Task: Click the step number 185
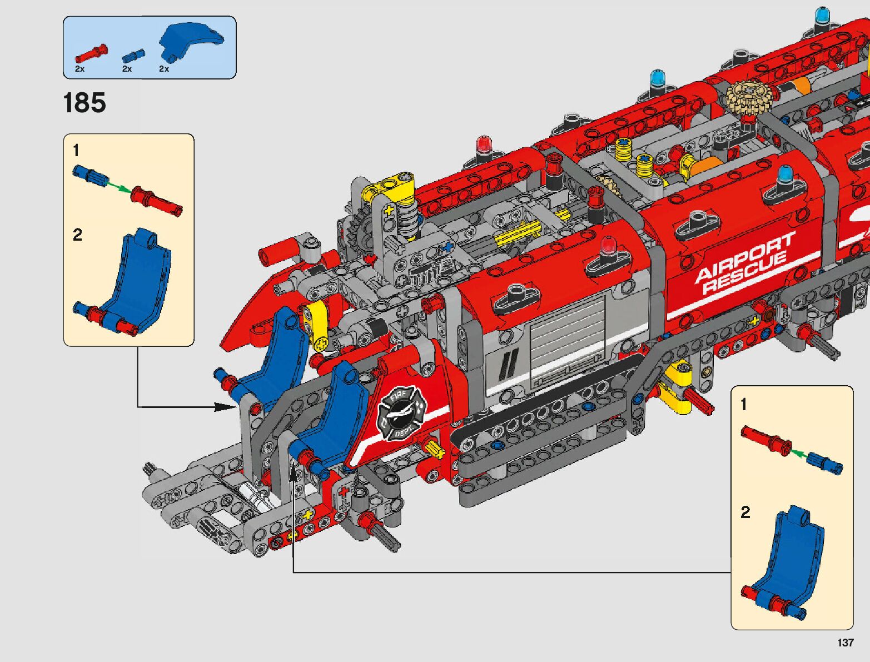coord(84,103)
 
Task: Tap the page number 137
coord(845,643)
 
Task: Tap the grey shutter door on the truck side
coord(566,336)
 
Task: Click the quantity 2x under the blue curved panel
coord(163,69)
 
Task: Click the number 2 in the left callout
coord(77,235)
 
